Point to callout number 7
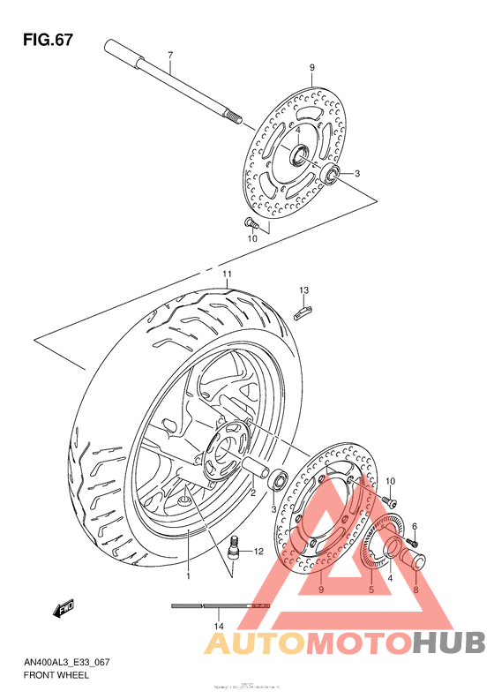click(169, 56)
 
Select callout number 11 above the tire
click(226, 275)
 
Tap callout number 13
click(303, 290)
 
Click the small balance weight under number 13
click(303, 309)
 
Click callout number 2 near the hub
click(252, 493)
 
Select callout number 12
click(258, 552)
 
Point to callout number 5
click(371, 590)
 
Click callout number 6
click(414, 526)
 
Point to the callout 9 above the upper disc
click(311, 68)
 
